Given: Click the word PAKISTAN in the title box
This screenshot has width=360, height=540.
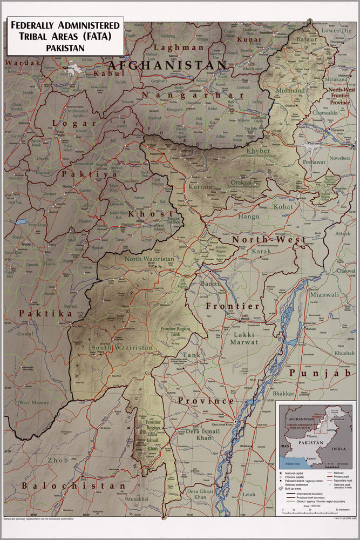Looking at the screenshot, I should coord(64,48).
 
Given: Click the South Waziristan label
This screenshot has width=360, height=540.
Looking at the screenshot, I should coord(122,348).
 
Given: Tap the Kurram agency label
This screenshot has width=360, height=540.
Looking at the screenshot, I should coord(200,186).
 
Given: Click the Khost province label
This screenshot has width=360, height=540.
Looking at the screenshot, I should coord(143,214).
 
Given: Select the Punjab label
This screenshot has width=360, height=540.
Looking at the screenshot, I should coord(321,373).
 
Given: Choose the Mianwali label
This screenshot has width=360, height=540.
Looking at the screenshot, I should coord(324,295).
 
